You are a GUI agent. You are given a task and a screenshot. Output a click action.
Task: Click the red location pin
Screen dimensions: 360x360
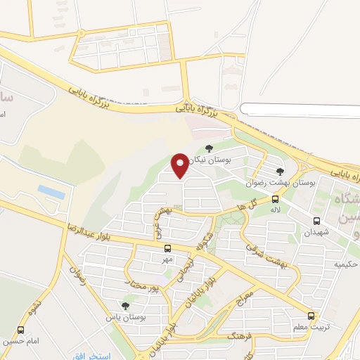(x=180, y=165)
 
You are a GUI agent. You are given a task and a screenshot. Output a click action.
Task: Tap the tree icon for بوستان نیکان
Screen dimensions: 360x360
(x=208, y=148)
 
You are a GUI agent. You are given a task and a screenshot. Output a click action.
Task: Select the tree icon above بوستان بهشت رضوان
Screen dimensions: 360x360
(x=280, y=171)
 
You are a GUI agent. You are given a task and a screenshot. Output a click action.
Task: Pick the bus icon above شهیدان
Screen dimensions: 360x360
(x=316, y=221)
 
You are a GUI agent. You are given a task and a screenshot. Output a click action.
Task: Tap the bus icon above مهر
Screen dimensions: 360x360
(x=167, y=248)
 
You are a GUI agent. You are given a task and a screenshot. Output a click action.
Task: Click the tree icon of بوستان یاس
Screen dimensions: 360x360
(x=125, y=306)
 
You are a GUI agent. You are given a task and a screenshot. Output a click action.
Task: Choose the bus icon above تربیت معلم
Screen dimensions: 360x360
(x=311, y=316)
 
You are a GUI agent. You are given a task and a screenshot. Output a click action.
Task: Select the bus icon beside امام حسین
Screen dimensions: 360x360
(x=20, y=330)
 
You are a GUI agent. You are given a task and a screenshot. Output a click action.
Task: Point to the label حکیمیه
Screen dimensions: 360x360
(x=346, y=264)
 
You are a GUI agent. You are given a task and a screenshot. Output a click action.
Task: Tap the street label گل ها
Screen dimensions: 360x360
(x=247, y=205)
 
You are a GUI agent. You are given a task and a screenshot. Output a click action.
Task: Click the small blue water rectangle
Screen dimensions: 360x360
(x=51, y=191)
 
